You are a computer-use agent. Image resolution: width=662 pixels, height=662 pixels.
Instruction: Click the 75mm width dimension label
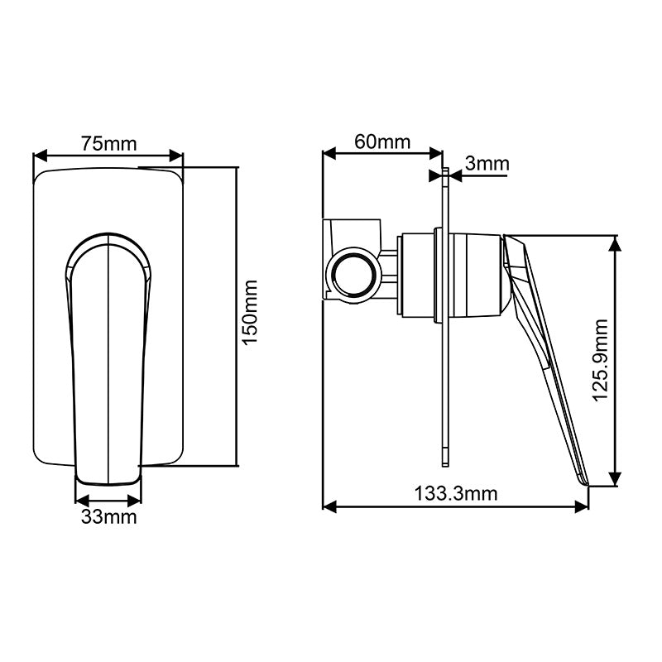coord(108,142)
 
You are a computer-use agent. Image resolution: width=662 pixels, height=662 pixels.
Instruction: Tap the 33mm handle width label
coord(108,518)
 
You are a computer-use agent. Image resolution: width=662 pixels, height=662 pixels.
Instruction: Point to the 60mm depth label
coord(382,141)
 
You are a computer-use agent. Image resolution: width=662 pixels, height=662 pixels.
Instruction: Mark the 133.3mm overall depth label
coord(456,494)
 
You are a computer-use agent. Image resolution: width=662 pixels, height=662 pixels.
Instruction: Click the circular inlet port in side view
coord(354,275)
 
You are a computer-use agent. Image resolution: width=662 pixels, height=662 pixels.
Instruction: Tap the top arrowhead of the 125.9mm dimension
coord(616,241)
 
